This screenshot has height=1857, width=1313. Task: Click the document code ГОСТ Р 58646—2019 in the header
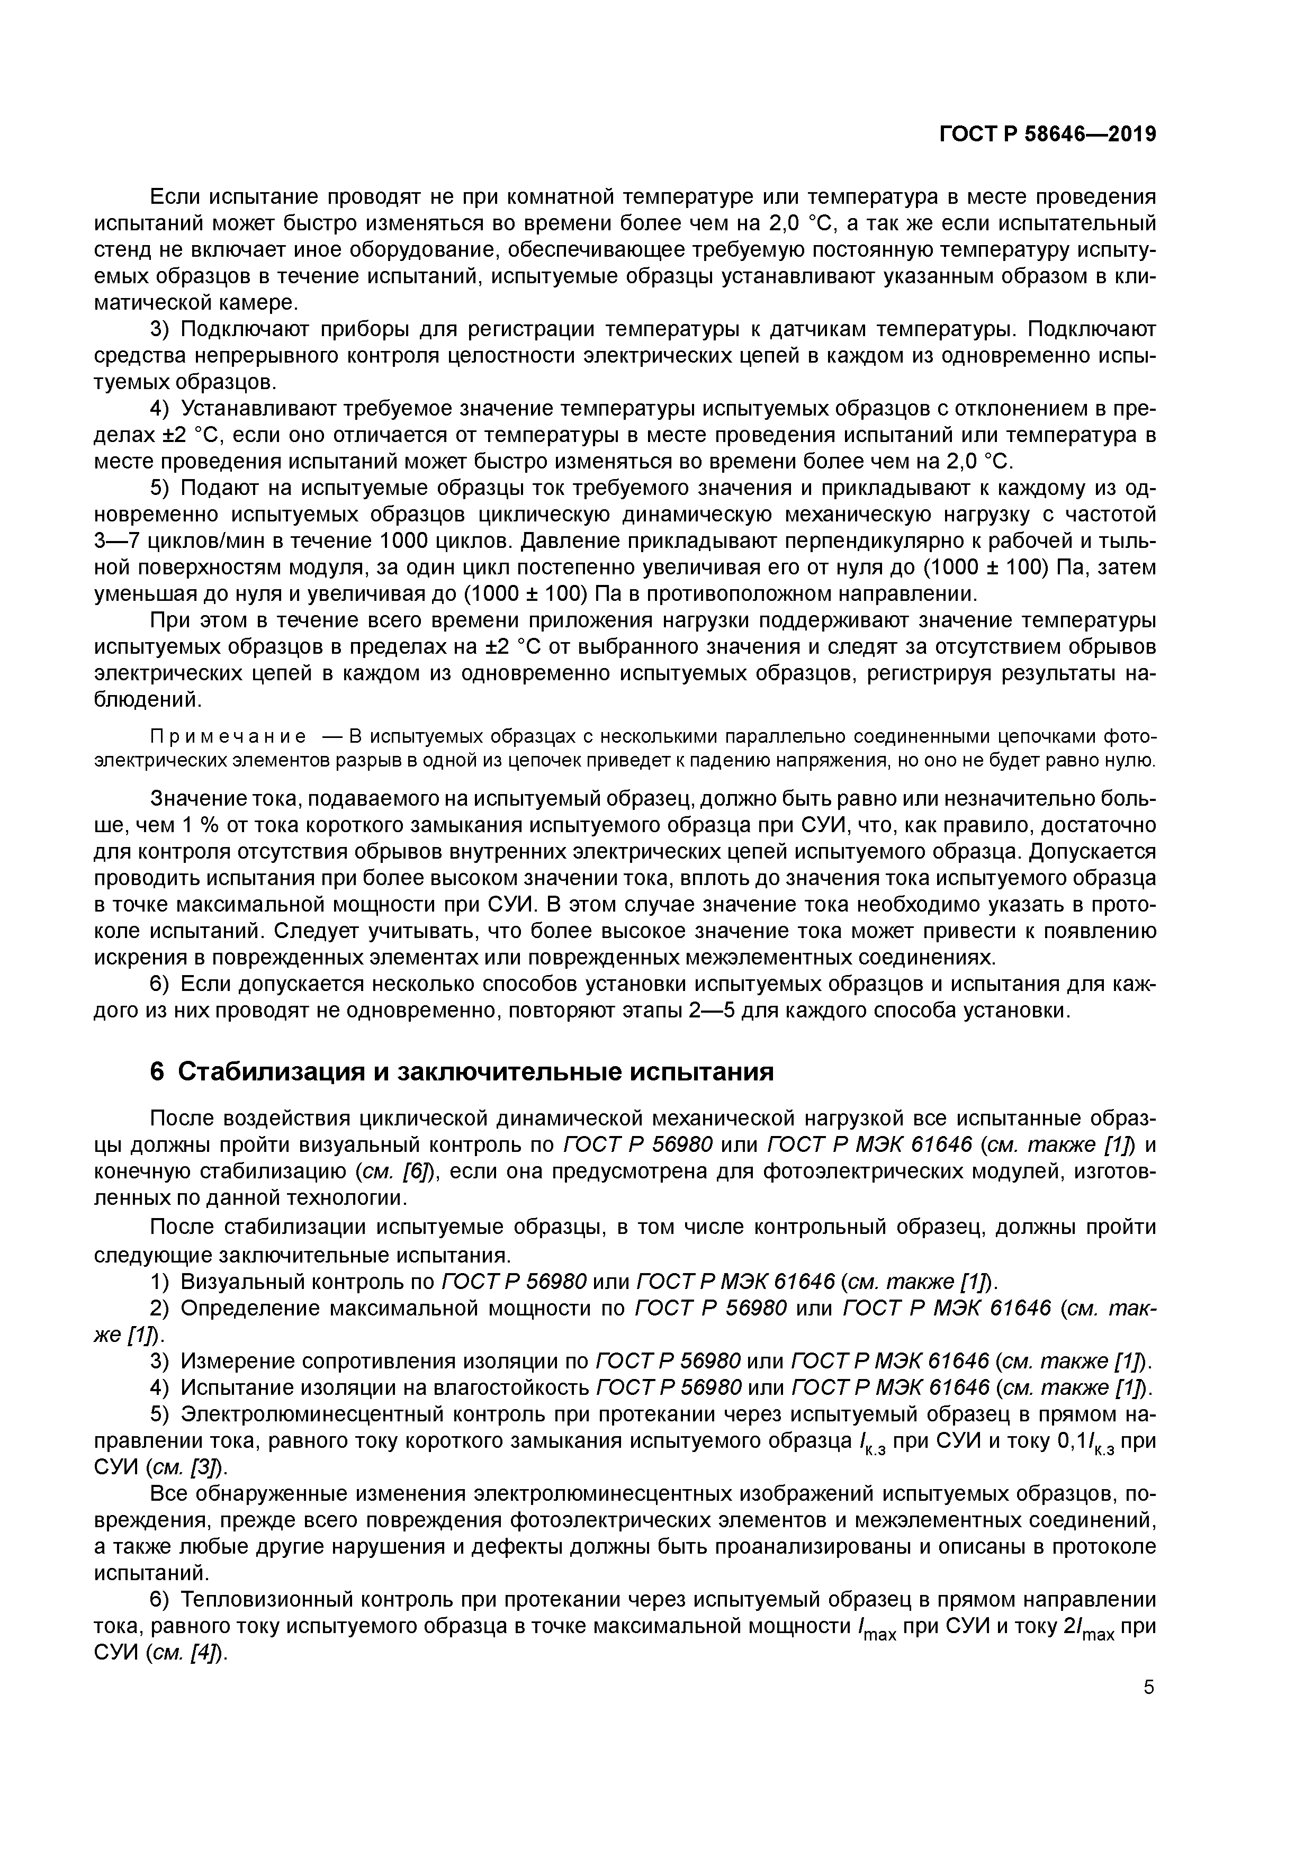1047,134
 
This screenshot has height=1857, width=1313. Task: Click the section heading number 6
158,1071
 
